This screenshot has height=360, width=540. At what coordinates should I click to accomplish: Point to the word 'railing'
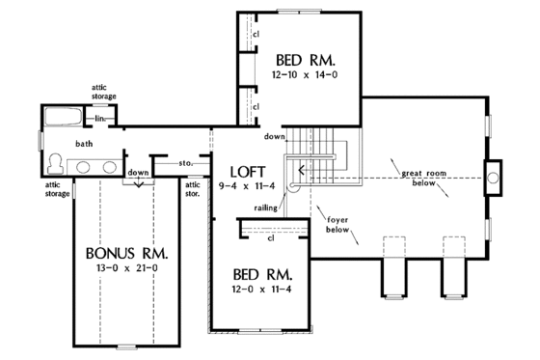pyautogui.click(x=267, y=207)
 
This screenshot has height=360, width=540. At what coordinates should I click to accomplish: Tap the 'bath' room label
pyautogui.click(x=86, y=144)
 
